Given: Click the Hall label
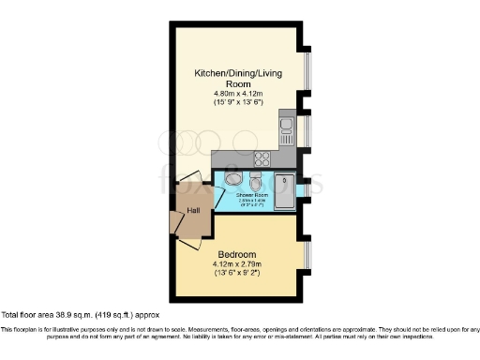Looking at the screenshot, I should [193, 211].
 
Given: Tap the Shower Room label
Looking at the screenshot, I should [252, 196].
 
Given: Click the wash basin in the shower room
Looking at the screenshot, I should [232, 178].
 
